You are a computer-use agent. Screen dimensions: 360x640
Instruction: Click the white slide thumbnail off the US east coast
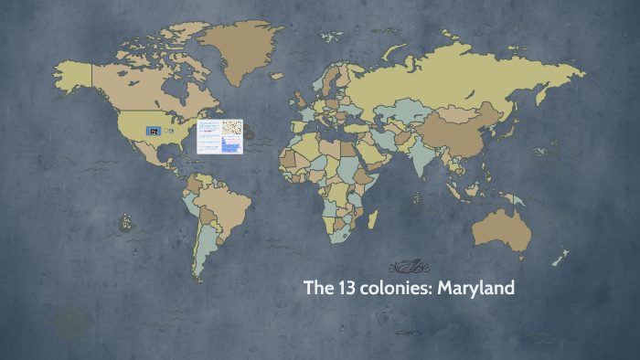click(x=220, y=137)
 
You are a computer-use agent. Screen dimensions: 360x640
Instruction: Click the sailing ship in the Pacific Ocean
click(x=124, y=220)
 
